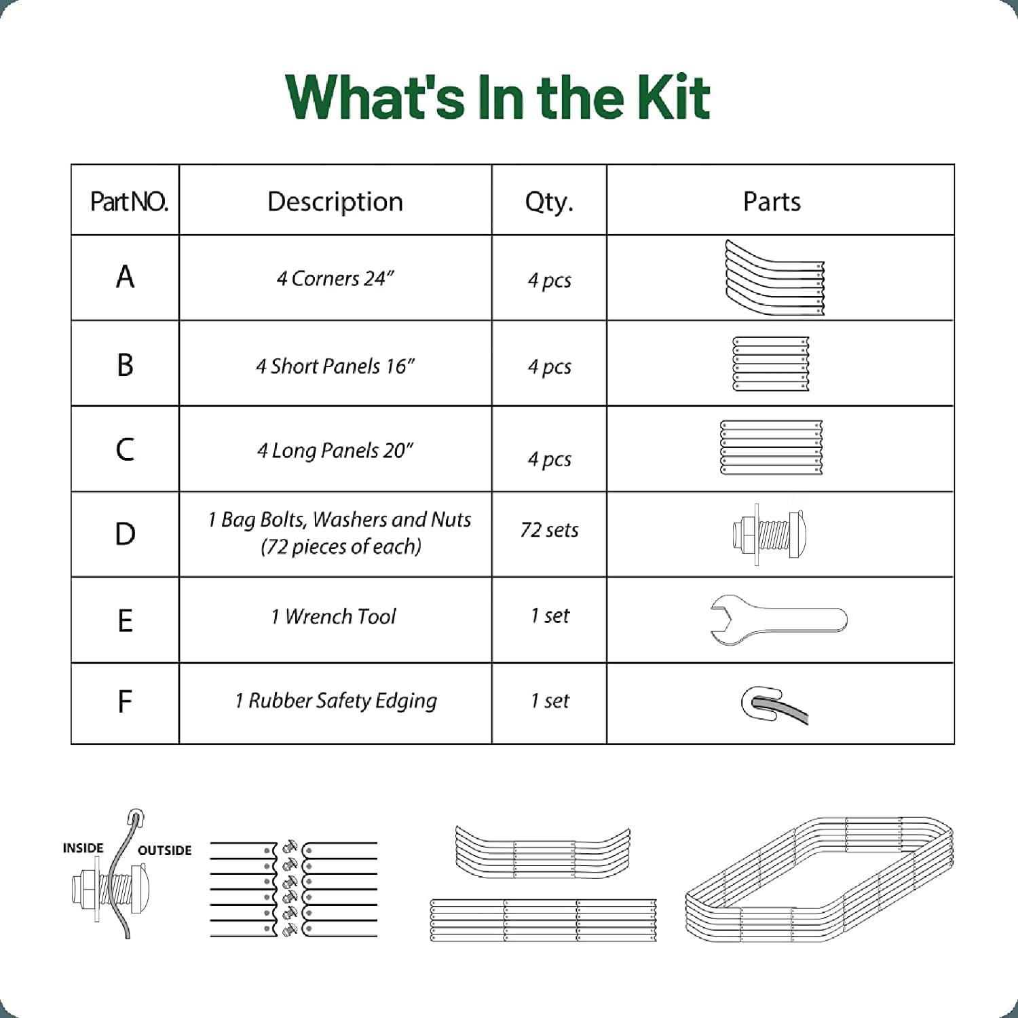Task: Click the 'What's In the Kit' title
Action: [498, 96]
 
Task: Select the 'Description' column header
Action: [335, 202]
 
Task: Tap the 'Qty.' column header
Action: [549, 202]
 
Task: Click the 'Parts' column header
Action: [772, 202]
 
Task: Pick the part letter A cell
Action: [125, 277]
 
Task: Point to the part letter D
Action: [125, 534]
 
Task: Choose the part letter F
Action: [124, 702]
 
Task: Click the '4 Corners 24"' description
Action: [335, 278]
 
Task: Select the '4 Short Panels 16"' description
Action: [335, 366]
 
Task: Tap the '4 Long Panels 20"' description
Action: [335, 451]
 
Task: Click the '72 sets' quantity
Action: [549, 530]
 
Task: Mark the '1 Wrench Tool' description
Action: [333, 616]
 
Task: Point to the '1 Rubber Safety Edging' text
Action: [336, 701]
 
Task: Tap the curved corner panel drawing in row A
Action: [774, 278]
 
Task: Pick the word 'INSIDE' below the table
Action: [83, 848]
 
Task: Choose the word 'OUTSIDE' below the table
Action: [164, 850]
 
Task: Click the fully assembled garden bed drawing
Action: [819, 880]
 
